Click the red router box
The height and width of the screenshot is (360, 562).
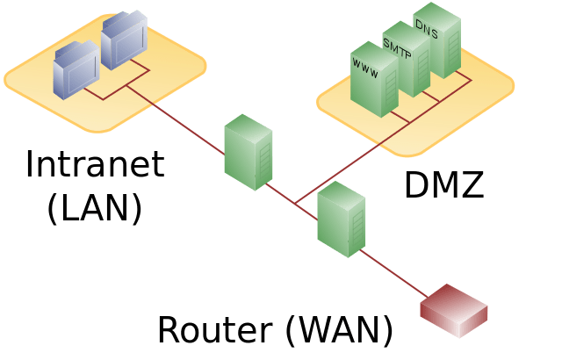point(454,311)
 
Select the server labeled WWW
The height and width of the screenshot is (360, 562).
point(374,80)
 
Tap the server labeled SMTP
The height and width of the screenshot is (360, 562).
point(407,59)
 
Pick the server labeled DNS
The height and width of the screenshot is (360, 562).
point(437,40)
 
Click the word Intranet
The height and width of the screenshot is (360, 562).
point(96,164)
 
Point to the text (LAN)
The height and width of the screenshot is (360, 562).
point(95,209)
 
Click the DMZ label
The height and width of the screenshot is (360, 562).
point(444,184)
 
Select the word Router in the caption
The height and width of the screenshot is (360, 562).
point(215,329)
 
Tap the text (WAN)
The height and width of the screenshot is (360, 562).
point(340,330)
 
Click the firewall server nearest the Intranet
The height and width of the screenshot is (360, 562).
point(249,152)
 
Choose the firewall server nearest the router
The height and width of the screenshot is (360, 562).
point(342,220)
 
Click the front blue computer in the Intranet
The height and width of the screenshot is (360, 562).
point(76,70)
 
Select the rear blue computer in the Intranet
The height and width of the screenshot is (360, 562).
point(124,40)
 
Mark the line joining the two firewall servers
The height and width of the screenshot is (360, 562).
point(292,202)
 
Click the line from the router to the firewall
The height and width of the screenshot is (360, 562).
point(393,274)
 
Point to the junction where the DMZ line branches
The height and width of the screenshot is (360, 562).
point(295,204)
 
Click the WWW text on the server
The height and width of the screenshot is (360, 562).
point(365,68)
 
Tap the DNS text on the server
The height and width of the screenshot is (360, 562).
point(427,29)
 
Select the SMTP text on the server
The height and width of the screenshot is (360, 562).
point(397,48)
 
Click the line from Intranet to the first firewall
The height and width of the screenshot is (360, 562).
point(176,120)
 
